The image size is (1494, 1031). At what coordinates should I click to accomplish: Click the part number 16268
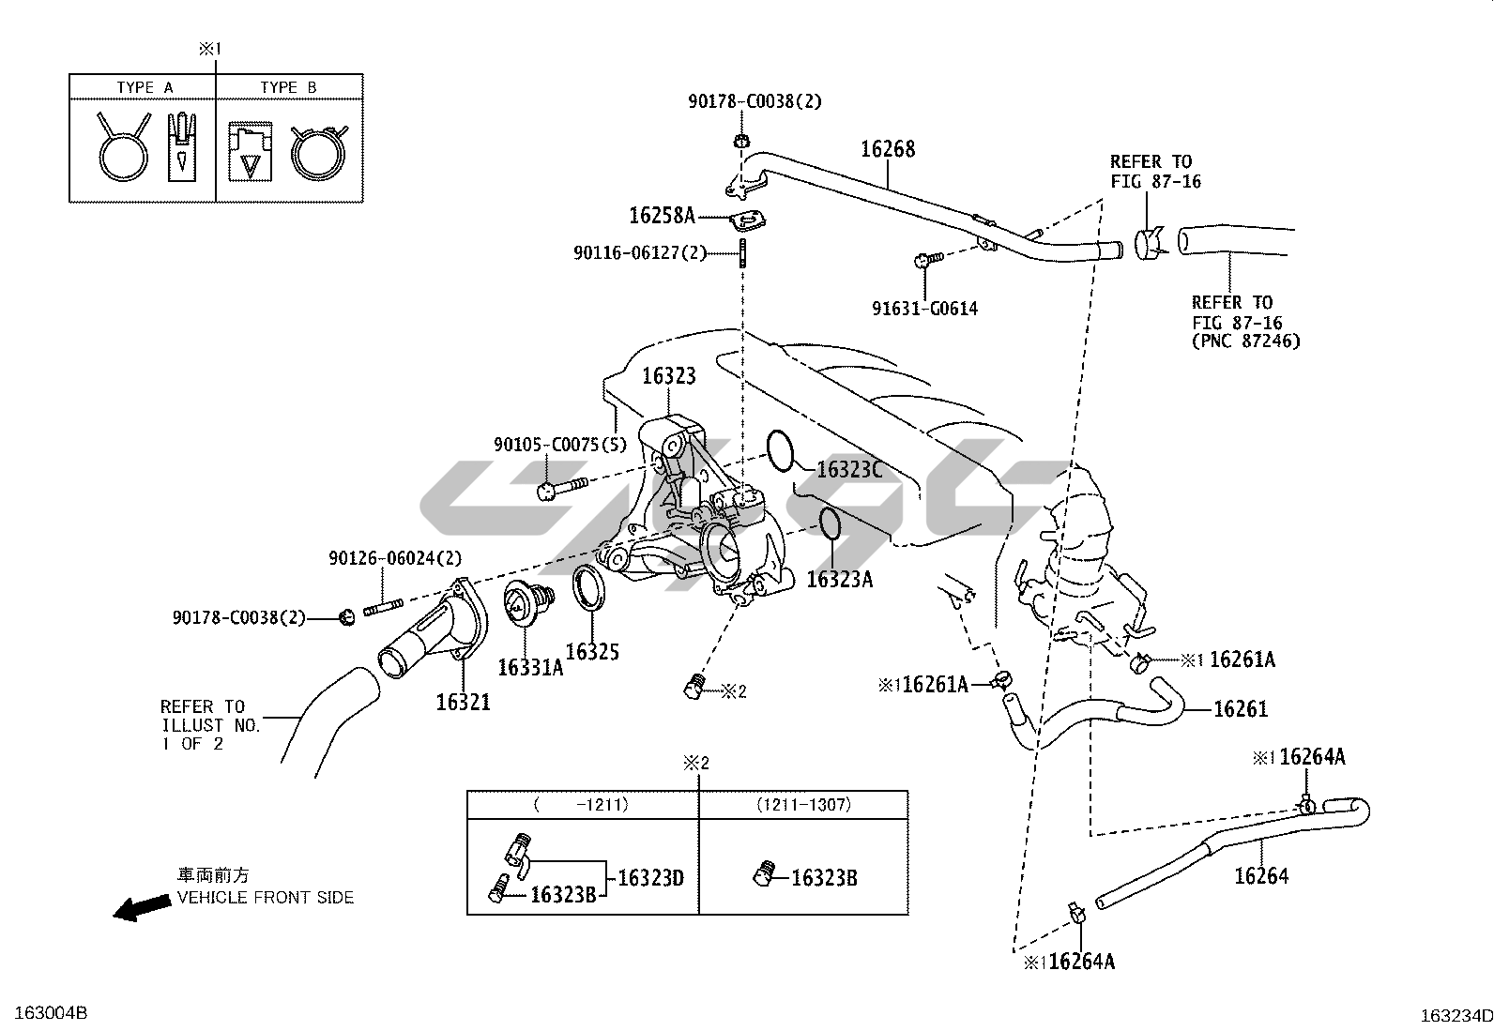888,149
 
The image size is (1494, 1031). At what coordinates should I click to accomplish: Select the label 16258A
662,216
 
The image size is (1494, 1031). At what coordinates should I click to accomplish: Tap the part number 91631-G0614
924,308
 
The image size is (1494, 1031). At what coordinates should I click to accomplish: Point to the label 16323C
849,469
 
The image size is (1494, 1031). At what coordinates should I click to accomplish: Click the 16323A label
839,579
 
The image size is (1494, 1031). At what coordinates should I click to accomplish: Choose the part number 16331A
529,667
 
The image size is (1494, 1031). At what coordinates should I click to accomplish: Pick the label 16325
592,651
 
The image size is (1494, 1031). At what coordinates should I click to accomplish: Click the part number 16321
463,701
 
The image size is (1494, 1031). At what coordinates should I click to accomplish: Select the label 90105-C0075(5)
559,444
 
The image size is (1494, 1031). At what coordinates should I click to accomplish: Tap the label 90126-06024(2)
395,558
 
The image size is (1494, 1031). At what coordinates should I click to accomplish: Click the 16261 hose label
1241,709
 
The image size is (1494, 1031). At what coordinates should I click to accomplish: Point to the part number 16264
1261,876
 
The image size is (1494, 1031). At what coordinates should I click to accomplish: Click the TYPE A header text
145,87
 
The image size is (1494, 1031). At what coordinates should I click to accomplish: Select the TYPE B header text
288,87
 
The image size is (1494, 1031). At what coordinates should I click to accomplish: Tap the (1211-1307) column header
803,805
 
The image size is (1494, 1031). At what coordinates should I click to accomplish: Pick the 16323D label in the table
650,878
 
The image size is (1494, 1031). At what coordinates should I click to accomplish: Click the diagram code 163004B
44,1013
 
